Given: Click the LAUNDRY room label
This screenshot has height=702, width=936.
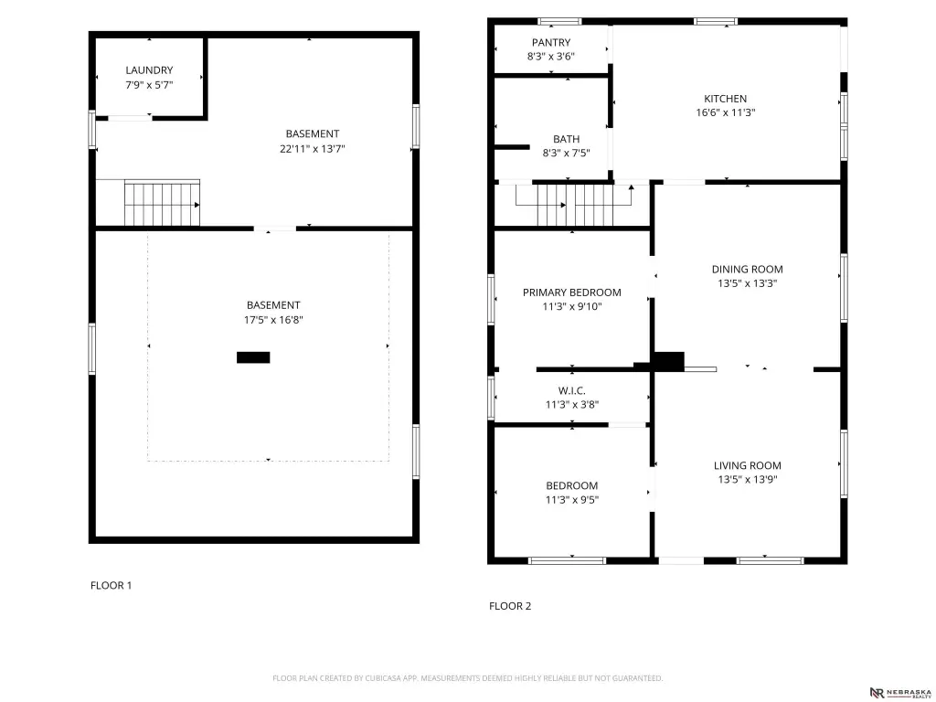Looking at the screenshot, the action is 149,70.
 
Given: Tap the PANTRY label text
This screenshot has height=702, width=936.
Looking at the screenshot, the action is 551,42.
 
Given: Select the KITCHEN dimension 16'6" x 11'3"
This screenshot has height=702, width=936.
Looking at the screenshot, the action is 725,112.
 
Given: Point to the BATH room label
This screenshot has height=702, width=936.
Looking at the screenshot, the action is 566,139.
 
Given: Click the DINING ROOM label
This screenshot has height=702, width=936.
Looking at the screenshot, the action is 747,270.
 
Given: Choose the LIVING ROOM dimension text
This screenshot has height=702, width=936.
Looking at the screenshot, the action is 748,479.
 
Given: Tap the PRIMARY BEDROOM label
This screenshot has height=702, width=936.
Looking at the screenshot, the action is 572,292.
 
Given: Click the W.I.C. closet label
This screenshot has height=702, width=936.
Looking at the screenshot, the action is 572,391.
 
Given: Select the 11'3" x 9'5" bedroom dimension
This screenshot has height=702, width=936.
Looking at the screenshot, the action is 572,500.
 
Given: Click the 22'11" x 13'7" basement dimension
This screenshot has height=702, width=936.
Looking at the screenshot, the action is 313,149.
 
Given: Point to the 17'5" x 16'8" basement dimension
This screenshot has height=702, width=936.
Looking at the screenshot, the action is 273,320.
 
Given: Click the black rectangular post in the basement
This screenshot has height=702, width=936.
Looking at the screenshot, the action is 253,357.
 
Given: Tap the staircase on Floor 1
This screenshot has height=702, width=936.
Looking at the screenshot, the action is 162,204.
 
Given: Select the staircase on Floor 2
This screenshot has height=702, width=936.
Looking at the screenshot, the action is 575,206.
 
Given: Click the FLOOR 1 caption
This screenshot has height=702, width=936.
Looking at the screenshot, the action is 111,586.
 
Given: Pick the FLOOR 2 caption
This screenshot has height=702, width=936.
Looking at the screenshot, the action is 510,607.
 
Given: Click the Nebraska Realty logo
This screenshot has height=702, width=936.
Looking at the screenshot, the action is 900,693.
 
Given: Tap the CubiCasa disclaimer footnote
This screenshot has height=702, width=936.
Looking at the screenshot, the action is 467,678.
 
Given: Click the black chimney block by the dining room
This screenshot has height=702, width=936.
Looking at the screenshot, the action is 668,362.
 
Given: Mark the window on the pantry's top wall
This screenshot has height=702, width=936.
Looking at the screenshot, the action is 559,22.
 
